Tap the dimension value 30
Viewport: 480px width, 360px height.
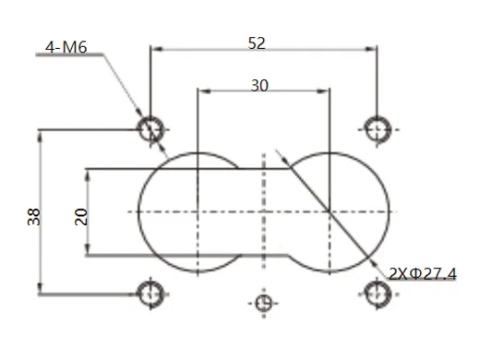[x=260, y=85]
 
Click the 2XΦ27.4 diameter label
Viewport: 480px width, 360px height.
[x=423, y=274]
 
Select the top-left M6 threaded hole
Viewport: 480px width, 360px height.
[x=150, y=129]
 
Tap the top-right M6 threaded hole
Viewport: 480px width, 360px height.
[x=377, y=129]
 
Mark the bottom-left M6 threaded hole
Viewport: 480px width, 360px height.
[x=150, y=294]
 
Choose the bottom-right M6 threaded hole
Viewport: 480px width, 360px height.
[x=377, y=294]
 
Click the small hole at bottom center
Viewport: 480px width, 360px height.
[x=264, y=302]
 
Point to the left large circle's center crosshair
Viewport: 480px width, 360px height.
[x=198, y=212]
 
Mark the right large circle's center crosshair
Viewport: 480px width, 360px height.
[x=329, y=212]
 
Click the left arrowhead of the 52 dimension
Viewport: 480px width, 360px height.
[x=155, y=48]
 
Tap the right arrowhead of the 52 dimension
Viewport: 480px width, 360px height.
[x=372, y=48]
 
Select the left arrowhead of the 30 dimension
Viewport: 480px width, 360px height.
[x=203, y=90]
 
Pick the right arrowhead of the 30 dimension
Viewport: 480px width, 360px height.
[x=324, y=90]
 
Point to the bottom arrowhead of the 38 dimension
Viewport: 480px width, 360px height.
[x=40, y=289]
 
